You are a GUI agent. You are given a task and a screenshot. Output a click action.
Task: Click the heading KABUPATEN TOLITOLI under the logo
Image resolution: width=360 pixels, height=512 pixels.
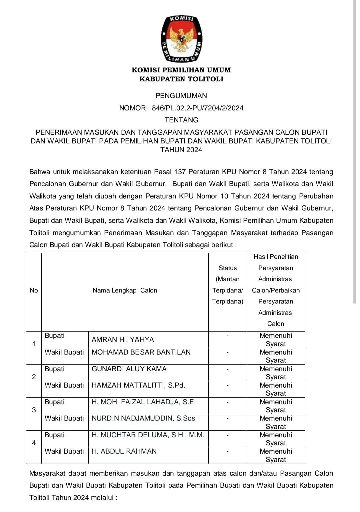pyautogui.click(x=181, y=79)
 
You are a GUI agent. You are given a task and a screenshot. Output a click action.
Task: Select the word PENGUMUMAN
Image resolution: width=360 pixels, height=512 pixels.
pyautogui.click(x=181, y=96)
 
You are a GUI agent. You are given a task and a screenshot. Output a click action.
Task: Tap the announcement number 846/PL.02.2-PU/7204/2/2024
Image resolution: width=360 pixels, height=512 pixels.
pyautogui.click(x=198, y=108)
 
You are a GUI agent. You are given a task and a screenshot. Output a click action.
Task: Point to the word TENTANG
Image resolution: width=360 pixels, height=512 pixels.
pyautogui.click(x=181, y=120)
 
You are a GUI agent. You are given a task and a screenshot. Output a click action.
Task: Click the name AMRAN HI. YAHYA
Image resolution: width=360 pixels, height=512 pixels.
pyautogui.click(x=123, y=340)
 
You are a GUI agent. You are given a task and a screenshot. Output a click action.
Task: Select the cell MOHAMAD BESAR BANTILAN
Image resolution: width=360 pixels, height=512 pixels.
pyautogui.click(x=141, y=352)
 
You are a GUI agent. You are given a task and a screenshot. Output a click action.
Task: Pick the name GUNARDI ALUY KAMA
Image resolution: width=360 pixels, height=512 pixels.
pyautogui.click(x=129, y=369)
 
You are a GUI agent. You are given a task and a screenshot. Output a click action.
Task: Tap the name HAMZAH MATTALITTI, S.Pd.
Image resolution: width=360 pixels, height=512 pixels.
pyautogui.click(x=138, y=385)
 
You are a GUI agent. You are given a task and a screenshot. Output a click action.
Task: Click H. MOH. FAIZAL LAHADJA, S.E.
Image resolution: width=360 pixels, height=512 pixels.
pyautogui.click(x=144, y=402)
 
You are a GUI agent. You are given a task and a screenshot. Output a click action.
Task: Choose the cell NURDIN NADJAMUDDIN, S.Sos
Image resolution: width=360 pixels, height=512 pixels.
pyautogui.click(x=143, y=418)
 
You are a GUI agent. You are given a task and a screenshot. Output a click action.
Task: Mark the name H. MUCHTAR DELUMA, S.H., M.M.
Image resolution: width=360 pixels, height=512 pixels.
pyautogui.click(x=148, y=435)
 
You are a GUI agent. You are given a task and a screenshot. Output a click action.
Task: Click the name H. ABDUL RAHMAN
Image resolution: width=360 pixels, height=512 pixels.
pyautogui.click(x=124, y=451)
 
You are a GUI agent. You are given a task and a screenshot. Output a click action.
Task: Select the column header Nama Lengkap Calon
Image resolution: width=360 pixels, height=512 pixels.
pyautogui.click(x=125, y=291)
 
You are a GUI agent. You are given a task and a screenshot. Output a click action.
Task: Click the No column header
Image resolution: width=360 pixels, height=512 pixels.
pyautogui.click(x=34, y=291)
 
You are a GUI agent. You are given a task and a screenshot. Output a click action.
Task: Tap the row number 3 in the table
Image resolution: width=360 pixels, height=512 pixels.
pyautogui.click(x=34, y=410)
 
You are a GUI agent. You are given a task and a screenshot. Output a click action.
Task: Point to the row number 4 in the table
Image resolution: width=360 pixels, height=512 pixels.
pyautogui.click(x=34, y=443)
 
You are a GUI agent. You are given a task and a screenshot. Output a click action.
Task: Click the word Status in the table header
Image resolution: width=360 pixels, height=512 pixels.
pyautogui.click(x=228, y=268)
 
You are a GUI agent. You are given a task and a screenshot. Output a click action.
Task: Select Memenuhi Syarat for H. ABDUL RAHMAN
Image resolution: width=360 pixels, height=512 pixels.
pyautogui.click(x=276, y=455)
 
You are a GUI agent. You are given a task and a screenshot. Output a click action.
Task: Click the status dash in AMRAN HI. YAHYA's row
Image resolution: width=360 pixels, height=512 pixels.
pyautogui.click(x=227, y=336)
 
